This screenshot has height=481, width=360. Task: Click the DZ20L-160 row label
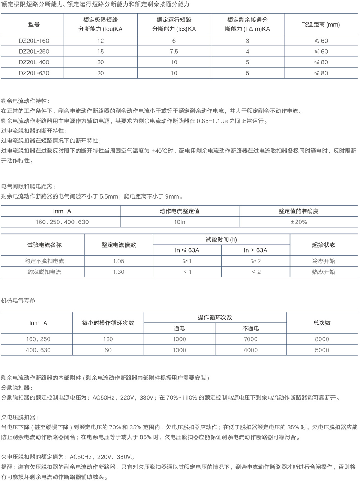coord(34,41)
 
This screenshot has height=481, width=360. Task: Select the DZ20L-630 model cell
coord(34,73)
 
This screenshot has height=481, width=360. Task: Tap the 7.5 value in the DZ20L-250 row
coord(174,52)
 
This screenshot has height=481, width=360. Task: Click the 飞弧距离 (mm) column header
coord(321,25)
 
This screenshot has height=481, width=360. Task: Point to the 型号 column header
coord(34,25)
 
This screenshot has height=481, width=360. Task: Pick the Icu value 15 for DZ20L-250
coord(100,52)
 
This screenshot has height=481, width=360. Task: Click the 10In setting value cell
coord(180,222)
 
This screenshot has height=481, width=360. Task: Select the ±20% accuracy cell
coord(299,222)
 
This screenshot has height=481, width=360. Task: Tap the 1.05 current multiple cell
coord(119,261)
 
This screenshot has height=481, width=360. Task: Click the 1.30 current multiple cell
coord(119,272)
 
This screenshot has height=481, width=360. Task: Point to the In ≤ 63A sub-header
coord(187,250)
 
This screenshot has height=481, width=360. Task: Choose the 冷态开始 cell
coord(324,261)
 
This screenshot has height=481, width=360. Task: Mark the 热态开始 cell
coord(324,272)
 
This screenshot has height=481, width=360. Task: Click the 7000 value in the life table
coord(251,339)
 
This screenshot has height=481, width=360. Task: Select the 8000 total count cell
coord(322,339)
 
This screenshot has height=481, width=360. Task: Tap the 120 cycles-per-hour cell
coord(108,339)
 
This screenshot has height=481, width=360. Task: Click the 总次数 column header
coord(322,323)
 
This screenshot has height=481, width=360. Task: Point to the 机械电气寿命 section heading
coord(18,300)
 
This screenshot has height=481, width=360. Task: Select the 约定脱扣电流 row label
coord(44,272)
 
